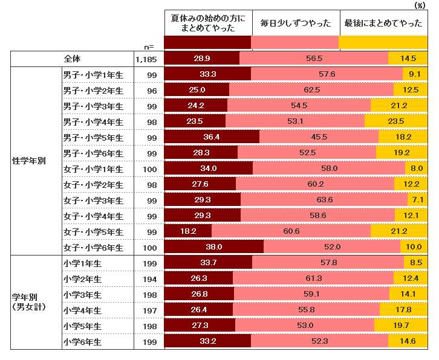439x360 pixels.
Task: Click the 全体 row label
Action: coord(72,59)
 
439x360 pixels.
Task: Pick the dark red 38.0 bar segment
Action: coord(214,247)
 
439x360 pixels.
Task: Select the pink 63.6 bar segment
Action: coord(324,200)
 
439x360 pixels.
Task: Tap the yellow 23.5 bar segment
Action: coord(395,121)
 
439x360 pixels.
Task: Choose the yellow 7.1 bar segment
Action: coord(417,200)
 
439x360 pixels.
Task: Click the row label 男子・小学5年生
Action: coord(93,137)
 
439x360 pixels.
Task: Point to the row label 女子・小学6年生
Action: coord(93,248)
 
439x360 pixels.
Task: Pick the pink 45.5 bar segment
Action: coord(319,137)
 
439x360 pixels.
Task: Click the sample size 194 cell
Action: coord(151,278)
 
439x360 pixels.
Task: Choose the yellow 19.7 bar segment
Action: coord(400,326)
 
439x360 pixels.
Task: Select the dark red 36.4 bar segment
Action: coord(212,137)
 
